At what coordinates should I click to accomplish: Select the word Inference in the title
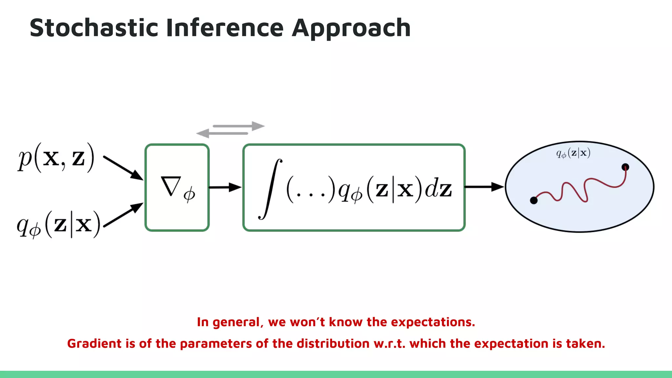click(x=225, y=28)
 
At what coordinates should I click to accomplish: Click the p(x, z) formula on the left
click(x=56, y=158)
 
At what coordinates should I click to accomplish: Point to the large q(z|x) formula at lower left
click(x=58, y=224)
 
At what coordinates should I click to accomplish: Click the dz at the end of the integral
click(x=438, y=189)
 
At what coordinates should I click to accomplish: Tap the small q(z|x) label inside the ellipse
click(x=573, y=153)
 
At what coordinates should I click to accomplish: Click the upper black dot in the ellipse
click(x=625, y=167)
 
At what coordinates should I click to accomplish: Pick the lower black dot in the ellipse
click(x=534, y=200)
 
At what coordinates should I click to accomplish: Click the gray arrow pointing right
click(x=239, y=126)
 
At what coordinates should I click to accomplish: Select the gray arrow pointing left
click(x=222, y=133)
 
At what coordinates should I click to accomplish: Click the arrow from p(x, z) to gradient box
click(x=123, y=168)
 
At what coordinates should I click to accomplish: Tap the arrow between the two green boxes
click(x=225, y=187)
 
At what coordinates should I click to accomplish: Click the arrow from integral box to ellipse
click(x=484, y=187)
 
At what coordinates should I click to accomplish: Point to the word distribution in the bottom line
click(x=333, y=344)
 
